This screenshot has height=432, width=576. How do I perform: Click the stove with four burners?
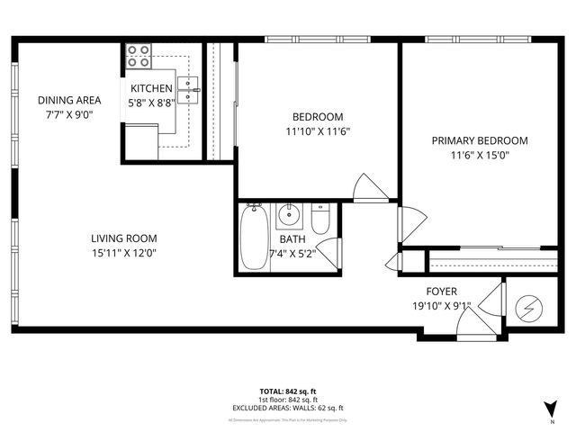[x=138, y=56]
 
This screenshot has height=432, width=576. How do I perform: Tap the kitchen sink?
[x=187, y=90]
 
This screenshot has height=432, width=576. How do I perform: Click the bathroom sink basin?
[x=289, y=216]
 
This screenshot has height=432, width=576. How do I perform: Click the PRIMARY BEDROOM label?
[x=479, y=140]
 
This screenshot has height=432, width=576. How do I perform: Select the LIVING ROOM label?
[x=124, y=238]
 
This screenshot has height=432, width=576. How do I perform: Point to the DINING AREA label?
[x=68, y=100]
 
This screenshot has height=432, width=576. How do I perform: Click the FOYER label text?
[x=441, y=292]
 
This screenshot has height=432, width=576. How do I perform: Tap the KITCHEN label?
[x=151, y=88]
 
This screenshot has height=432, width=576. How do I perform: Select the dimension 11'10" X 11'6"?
[x=318, y=130]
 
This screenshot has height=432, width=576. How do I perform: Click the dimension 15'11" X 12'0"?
[x=124, y=253]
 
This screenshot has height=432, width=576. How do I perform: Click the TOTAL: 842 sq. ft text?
[x=287, y=391]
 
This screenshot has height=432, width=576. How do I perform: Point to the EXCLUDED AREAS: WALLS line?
[x=287, y=408]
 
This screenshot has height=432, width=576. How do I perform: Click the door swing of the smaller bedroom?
[x=371, y=188]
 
